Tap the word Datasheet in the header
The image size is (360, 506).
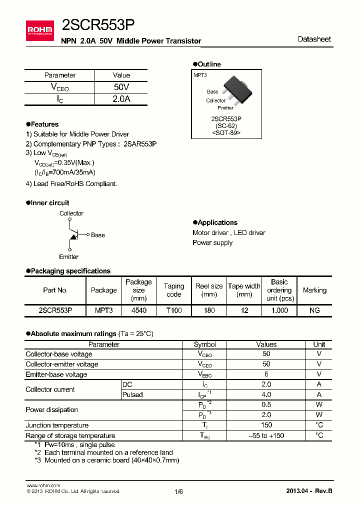pyautogui.click(x=314, y=39)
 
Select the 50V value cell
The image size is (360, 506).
pyautogui.click(x=121, y=87)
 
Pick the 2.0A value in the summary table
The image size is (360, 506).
pyautogui.click(x=121, y=99)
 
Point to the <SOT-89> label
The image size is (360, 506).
pyautogui.click(x=226, y=133)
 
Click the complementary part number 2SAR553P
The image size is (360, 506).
pyautogui.click(x=140, y=144)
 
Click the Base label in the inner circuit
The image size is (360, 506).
pyautogui.click(x=98, y=235)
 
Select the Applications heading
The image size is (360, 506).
pyautogui.click(x=217, y=222)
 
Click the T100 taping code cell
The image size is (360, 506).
pyautogui.click(x=173, y=310)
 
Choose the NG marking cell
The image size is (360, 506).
pyautogui.click(x=314, y=310)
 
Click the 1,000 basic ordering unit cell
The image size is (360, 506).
pyautogui.click(x=279, y=310)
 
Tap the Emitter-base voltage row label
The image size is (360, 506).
pyautogui.click(x=56, y=374)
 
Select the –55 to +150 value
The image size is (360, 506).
pyautogui.click(x=266, y=435)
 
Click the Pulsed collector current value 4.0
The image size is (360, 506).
pyautogui.click(x=266, y=394)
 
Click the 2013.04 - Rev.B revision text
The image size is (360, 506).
pyautogui.click(x=308, y=491)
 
